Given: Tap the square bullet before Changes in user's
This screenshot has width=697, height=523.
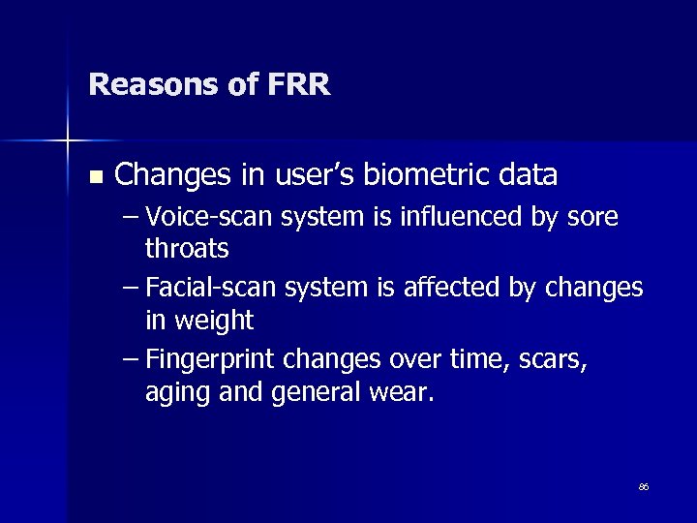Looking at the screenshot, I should [x=94, y=177].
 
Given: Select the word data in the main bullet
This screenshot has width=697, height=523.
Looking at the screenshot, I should [x=527, y=175].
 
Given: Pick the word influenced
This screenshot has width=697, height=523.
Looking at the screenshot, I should [x=464, y=218].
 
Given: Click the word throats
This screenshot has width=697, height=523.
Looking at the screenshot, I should [x=187, y=249].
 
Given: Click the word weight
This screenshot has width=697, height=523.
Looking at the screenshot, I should [x=215, y=321].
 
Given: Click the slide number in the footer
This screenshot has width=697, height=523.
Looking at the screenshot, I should [x=643, y=487].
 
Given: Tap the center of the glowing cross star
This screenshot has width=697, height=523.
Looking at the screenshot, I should [x=68, y=141].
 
